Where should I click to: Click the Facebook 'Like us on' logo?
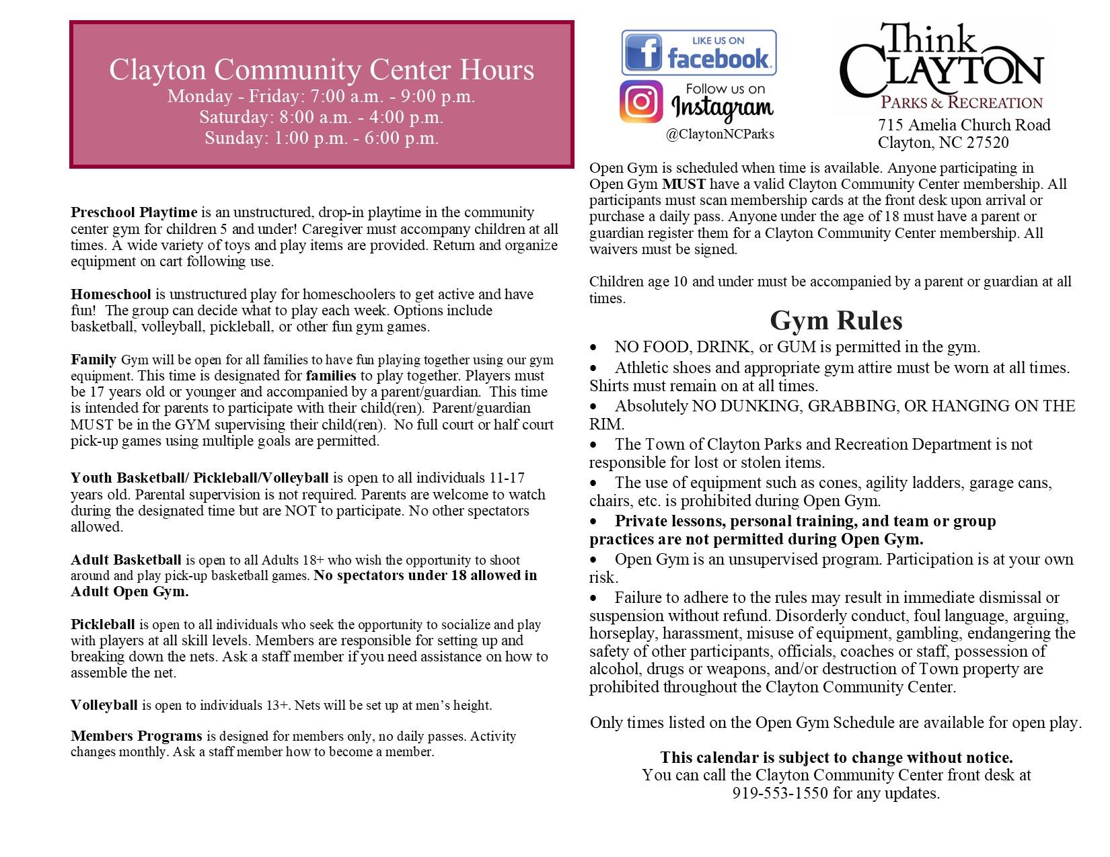[x=698, y=52]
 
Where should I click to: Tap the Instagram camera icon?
[x=641, y=101]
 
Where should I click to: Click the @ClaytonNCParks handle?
[x=720, y=134]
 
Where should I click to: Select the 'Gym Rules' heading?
[x=836, y=321]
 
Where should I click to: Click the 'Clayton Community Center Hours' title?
[x=322, y=70]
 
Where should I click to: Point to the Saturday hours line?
[x=322, y=118]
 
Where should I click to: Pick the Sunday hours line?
[x=322, y=138]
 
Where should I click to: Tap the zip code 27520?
[x=987, y=142]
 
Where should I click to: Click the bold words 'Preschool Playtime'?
[x=134, y=213]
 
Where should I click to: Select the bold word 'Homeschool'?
[x=111, y=294]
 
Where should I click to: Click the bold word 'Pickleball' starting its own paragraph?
[x=103, y=624]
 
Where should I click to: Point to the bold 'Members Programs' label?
[x=137, y=736]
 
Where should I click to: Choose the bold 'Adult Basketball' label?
[x=126, y=560]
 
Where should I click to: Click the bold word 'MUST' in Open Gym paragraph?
[x=683, y=184]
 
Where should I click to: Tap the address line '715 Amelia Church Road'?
[x=963, y=126]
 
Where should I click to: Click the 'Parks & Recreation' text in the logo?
[x=961, y=103]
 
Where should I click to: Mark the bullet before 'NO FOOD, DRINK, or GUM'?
[x=593, y=348]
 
